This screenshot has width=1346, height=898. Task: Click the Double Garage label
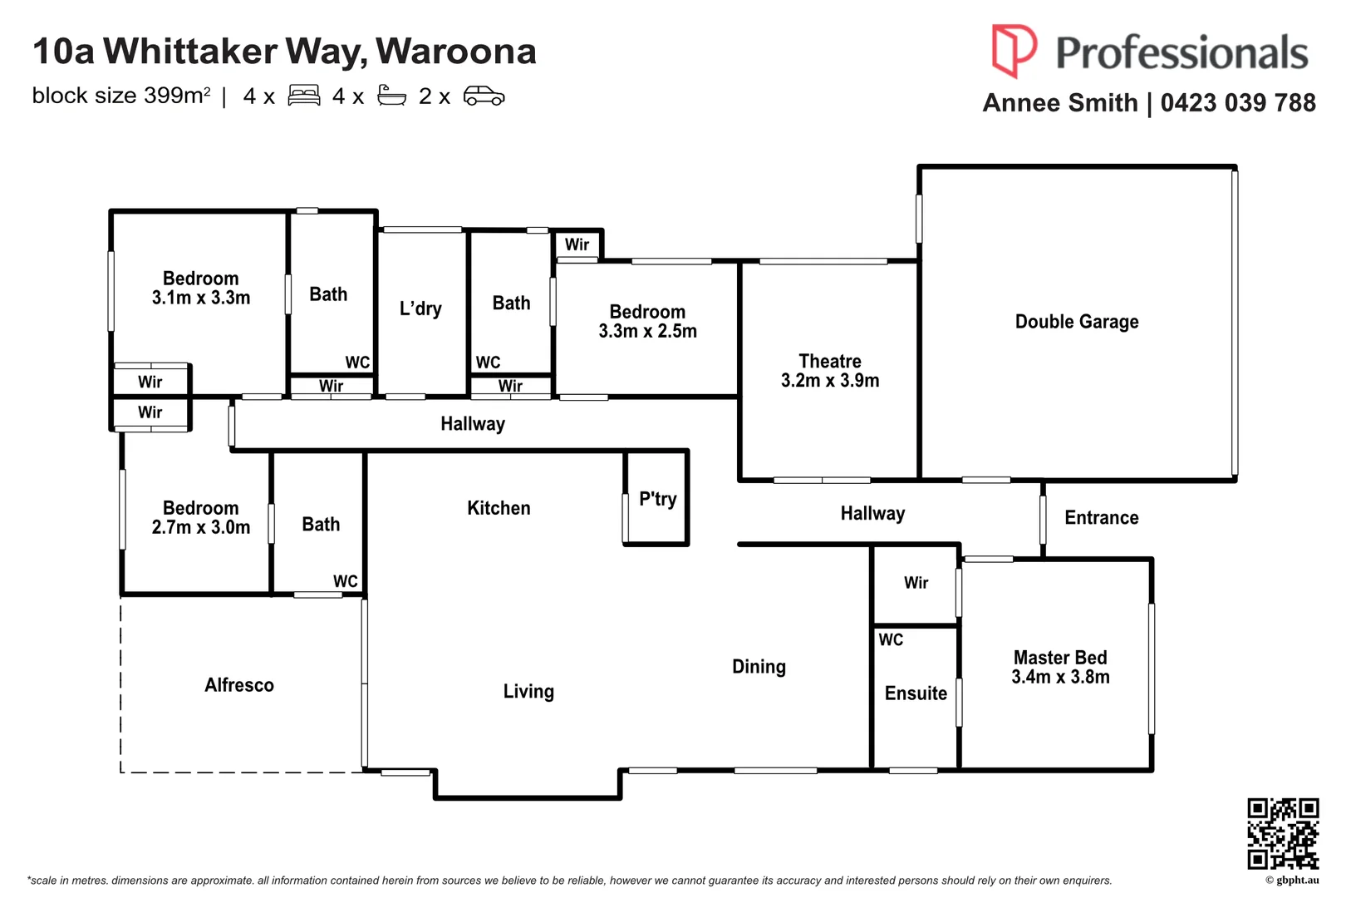1076,322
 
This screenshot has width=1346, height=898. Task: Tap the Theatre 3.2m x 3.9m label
829,371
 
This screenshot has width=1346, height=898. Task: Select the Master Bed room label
1059,667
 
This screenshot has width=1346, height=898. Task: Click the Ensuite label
915,693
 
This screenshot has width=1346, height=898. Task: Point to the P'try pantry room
656,499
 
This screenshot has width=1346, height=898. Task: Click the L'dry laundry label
420,308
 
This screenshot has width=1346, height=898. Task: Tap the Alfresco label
238,685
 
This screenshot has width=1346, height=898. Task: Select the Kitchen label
499,508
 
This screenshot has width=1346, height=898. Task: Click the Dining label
758,667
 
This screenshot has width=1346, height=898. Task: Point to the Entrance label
1101,518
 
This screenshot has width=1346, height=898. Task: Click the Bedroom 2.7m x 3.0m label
200,517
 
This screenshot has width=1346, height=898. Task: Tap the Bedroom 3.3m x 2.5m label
647,321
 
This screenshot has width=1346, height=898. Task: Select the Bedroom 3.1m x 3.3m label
200,288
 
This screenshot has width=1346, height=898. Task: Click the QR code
1282,833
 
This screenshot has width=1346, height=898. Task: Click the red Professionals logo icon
1013,49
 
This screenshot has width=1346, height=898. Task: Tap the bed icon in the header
304,96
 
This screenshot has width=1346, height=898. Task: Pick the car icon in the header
484,96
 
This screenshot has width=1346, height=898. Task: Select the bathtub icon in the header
391,96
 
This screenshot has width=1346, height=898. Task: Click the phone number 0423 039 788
1237,103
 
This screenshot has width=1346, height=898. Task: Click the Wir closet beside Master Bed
916,583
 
